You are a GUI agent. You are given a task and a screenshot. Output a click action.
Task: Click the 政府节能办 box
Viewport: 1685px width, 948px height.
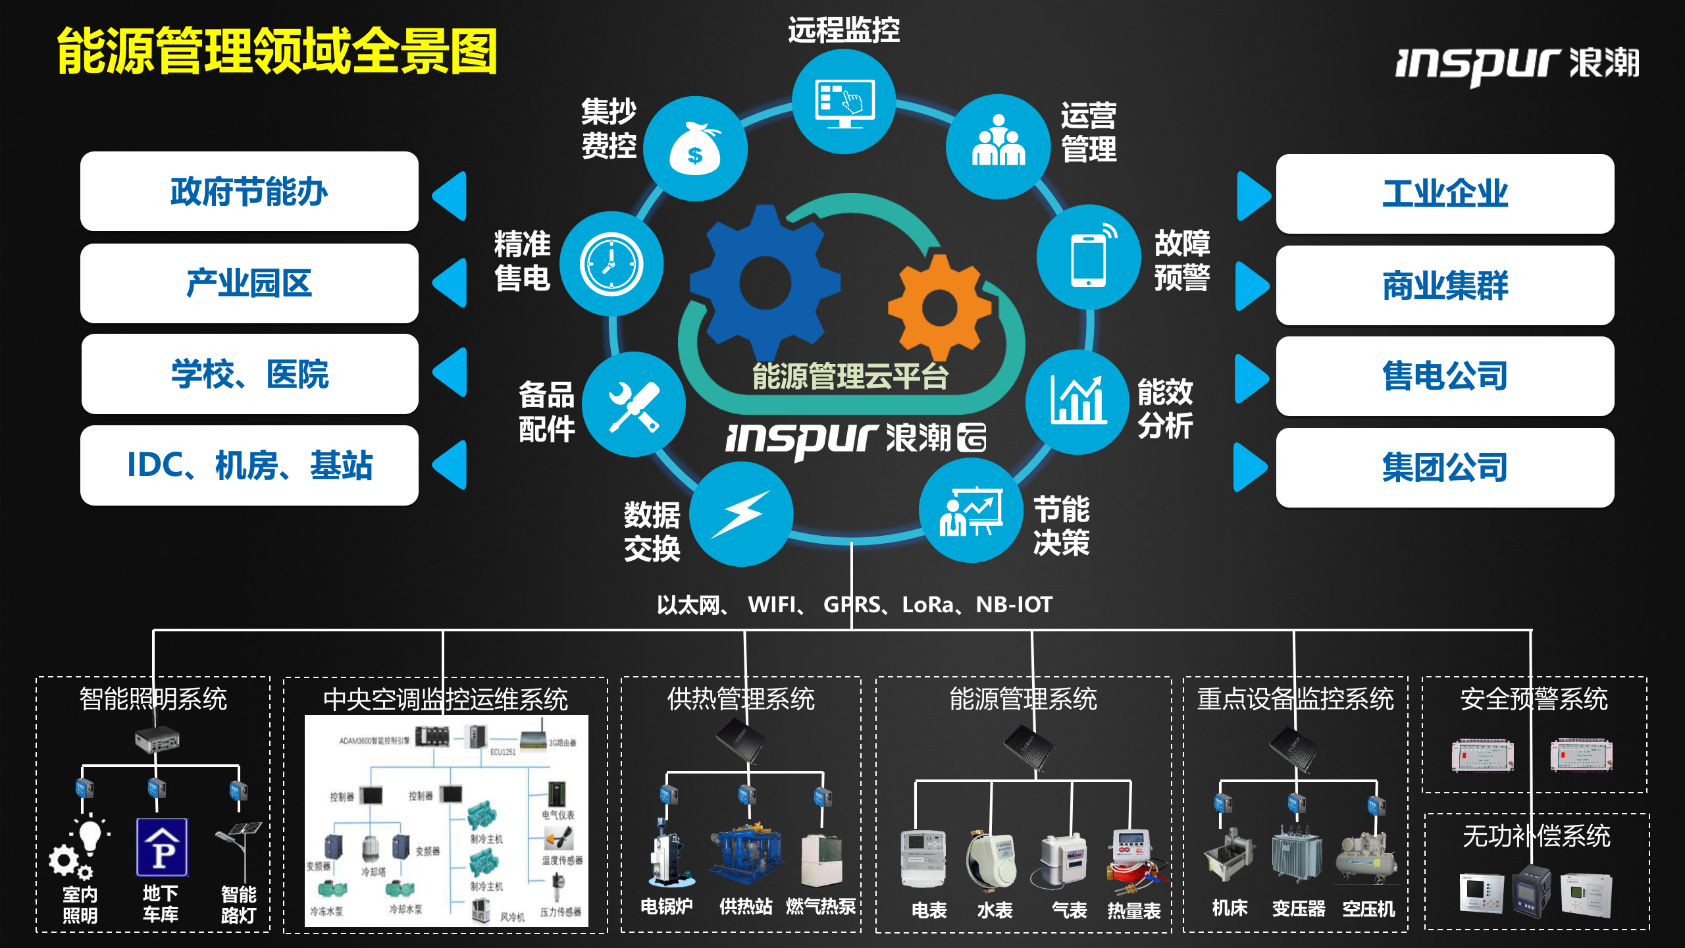[x=249, y=192]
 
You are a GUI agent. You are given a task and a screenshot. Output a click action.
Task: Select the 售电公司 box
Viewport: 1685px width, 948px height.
[x=1445, y=376]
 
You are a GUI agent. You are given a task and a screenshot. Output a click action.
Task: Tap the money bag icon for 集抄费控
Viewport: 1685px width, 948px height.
[x=695, y=149]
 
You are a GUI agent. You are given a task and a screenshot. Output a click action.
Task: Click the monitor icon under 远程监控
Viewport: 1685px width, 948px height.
[x=844, y=103]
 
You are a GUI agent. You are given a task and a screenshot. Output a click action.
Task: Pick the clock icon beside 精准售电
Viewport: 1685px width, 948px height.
[x=611, y=264]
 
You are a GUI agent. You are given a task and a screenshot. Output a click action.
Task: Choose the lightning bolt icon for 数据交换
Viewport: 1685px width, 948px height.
[x=741, y=514]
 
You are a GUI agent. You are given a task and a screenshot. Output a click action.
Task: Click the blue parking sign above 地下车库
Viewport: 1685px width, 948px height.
[x=162, y=847]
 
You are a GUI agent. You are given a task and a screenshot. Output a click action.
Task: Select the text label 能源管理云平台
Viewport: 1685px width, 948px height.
[x=850, y=377]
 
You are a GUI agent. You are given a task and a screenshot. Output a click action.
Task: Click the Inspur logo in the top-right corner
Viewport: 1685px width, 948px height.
[x=1517, y=64]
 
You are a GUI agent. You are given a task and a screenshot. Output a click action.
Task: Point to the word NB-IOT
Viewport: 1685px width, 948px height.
[x=1014, y=604]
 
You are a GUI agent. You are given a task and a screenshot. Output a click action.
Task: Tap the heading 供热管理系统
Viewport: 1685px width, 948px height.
[x=741, y=699]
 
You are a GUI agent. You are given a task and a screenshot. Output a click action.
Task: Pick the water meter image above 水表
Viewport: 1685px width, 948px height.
[x=993, y=858]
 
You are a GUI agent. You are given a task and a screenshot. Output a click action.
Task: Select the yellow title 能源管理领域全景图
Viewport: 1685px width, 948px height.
[x=277, y=51]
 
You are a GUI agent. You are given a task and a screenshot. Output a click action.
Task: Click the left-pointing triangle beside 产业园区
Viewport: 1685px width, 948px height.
[x=452, y=283]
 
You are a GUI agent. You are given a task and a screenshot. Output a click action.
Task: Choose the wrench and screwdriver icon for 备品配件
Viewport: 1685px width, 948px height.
[x=634, y=406]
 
